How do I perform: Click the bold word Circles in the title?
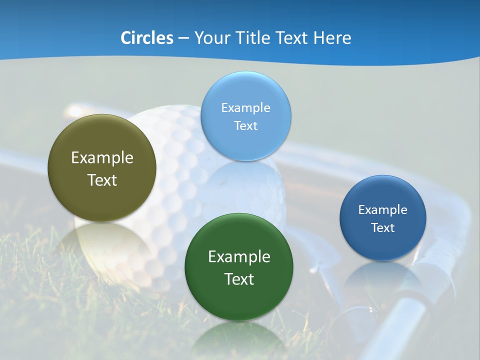pyautogui.click(x=147, y=38)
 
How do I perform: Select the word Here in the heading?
pyautogui.click(x=332, y=38)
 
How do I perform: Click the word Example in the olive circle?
pyautogui.click(x=102, y=158)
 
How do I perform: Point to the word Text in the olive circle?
pyautogui.click(x=102, y=180)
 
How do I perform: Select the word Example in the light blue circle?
pyautogui.click(x=245, y=108)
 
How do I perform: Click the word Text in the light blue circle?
pyautogui.click(x=245, y=125)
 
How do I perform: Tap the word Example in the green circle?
pyautogui.click(x=239, y=257)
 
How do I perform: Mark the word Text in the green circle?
pyautogui.click(x=239, y=279)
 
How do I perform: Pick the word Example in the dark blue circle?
pyautogui.click(x=383, y=210)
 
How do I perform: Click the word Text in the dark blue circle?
pyautogui.click(x=383, y=228)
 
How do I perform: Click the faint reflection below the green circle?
pyautogui.click(x=239, y=340)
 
